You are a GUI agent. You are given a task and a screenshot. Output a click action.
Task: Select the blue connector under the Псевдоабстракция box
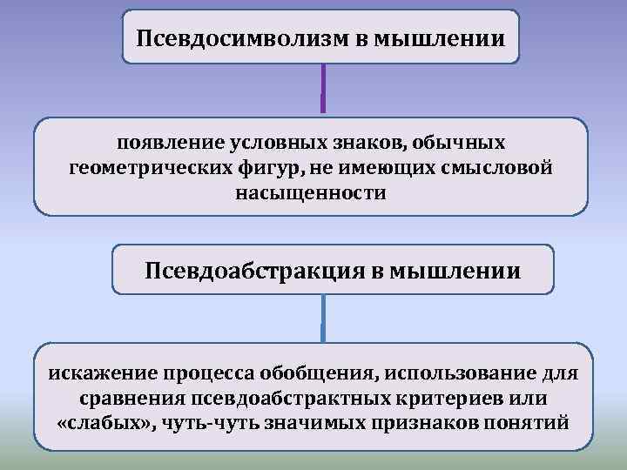323,318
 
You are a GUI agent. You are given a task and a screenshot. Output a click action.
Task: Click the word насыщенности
310,191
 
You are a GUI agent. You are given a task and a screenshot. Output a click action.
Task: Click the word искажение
98,373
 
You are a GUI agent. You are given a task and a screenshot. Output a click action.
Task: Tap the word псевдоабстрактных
267,399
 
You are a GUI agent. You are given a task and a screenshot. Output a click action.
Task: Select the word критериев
447,399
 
